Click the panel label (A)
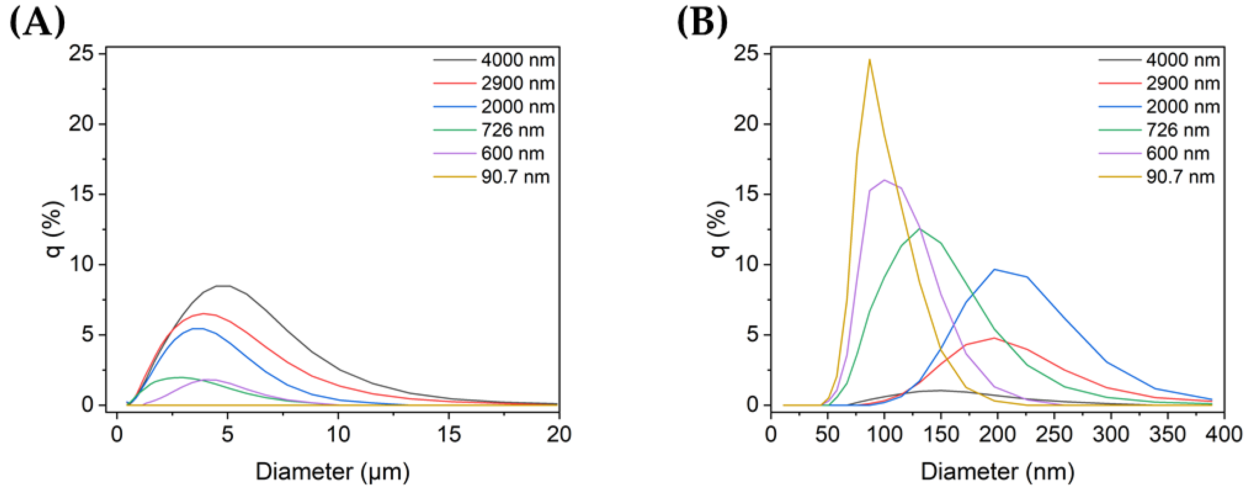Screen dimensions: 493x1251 (37, 23)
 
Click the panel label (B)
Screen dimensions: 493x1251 (702, 23)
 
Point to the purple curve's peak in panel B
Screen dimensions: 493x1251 (884, 180)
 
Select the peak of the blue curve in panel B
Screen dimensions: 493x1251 (995, 269)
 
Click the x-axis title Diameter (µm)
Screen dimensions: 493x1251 (333, 472)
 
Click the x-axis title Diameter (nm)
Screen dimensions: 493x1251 (998, 472)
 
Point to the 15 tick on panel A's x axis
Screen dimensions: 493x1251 (449, 434)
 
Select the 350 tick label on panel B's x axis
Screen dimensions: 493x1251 (1167, 434)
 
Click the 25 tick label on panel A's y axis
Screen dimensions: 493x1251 (81, 53)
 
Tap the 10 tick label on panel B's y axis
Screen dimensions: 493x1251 (746, 265)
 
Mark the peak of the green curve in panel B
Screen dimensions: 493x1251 (919, 228)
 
